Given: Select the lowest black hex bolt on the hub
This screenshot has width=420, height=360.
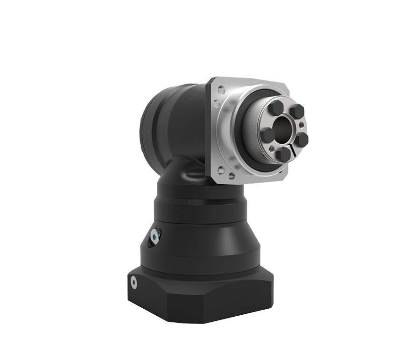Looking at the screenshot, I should point(283,154).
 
